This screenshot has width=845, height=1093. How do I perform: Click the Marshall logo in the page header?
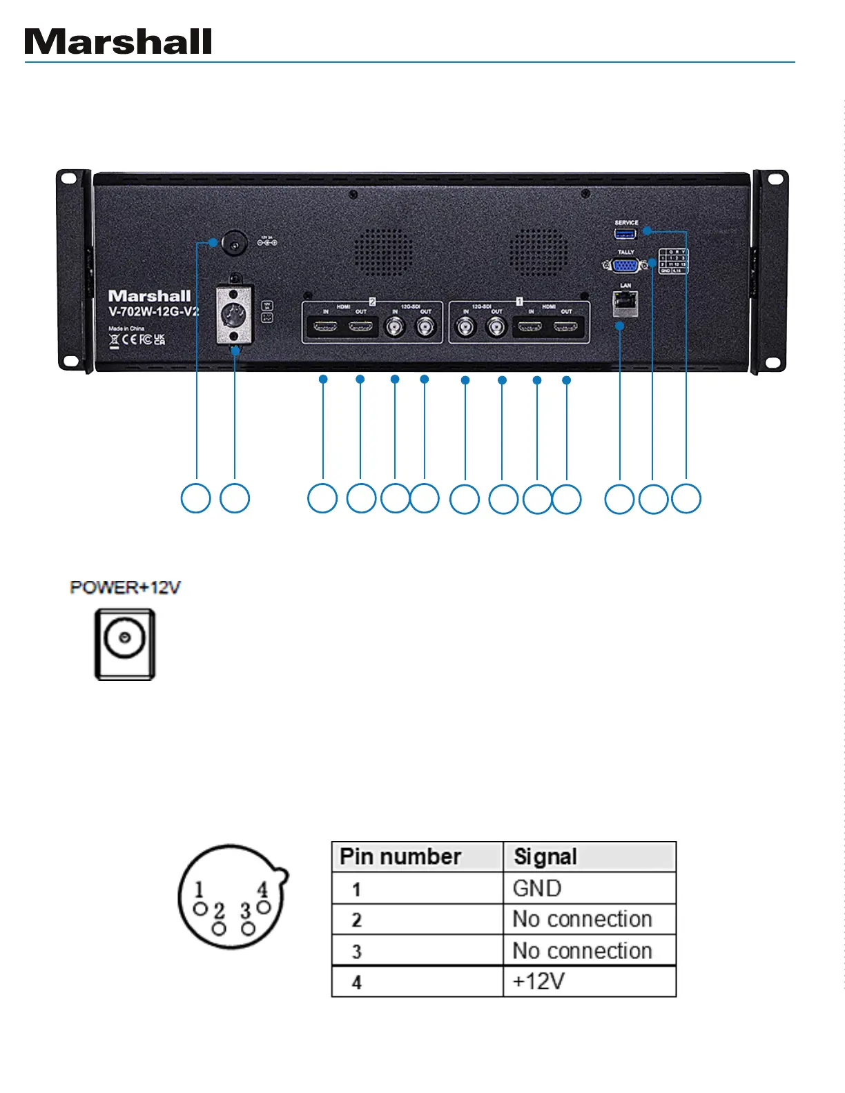[118, 42]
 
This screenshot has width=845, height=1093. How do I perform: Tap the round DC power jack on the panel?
[235, 244]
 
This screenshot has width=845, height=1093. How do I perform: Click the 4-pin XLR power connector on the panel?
[234, 315]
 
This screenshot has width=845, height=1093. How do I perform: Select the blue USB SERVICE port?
[625, 234]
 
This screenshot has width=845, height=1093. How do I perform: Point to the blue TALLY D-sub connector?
[625, 265]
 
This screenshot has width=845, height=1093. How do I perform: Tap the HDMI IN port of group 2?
[325, 326]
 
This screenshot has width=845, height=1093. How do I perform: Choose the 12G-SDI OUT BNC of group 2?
[425, 327]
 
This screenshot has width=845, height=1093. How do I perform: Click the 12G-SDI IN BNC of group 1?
[467, 327]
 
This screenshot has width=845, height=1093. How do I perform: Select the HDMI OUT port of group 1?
[566, 326]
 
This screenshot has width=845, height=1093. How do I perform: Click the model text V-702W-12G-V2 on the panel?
[153, 312]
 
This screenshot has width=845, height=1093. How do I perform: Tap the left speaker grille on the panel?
[383, 252]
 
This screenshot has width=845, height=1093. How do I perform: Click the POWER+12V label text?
[125, 588]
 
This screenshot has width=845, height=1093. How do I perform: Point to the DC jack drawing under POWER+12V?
[125, 643]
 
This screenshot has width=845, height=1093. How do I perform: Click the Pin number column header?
[401, 857]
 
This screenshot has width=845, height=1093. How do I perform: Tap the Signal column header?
[545, 857]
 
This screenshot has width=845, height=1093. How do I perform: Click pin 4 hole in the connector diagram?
[263, 907]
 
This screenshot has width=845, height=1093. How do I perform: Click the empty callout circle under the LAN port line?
[619, 499]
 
